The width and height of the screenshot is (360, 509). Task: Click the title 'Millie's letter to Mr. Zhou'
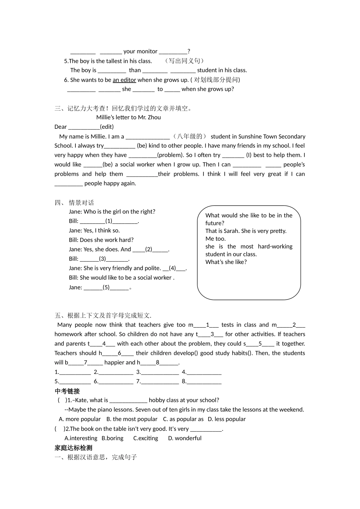coord(128,117)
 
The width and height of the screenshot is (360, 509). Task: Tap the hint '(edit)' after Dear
coord(107,127)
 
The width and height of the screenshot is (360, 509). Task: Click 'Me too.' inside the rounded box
coord(216,239)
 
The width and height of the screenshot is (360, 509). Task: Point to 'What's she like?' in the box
coord(226,262)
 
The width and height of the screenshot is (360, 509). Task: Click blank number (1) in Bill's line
coord(109,221)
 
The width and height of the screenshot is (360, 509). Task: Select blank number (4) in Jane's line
coord(172,268)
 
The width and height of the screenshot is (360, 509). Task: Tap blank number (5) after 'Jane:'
coord(106,287)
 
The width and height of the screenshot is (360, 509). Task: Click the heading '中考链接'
coord(67,391)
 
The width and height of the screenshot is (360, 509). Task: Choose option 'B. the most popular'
coord(132,419)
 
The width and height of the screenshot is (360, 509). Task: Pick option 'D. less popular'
coord(227,419)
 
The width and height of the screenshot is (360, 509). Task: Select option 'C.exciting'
coord(146,438)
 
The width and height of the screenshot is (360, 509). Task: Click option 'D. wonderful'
coord(185,438)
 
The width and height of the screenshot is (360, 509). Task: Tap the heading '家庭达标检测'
coord(74,448)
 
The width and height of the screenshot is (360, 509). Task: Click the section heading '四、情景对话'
coord(74,203)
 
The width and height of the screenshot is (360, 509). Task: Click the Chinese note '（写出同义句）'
coord(185,61)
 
